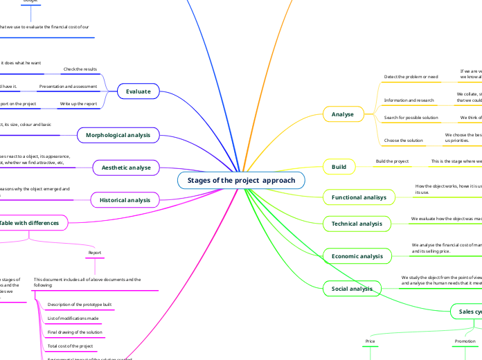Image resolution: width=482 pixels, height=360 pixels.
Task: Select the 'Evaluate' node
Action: (x=139, y=91)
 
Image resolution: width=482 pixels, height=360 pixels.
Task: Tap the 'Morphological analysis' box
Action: (x=123, y=135)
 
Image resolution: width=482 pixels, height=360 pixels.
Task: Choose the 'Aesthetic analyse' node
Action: (x=126, y=168)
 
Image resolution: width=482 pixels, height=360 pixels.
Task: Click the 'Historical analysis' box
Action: (x=125, y=200)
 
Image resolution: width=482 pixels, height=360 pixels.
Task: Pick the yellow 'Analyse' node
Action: (x=343, y=114)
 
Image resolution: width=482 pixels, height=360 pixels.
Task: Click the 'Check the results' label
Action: (x=80, y=69)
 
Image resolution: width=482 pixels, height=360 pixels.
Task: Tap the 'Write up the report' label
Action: (x=78, y=103)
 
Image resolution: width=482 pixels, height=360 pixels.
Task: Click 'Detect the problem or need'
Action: (x=411, y=76)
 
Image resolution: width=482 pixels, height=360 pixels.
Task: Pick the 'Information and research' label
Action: (x=409, y=100)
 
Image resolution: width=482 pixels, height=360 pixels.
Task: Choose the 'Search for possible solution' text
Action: (x=411, y=118)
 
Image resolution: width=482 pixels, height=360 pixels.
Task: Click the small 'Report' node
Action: (x=96, y=253)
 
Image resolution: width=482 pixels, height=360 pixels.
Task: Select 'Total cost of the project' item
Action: (x=70, y=345)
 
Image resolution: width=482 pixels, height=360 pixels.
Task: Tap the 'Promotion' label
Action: (x=465, y=341)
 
